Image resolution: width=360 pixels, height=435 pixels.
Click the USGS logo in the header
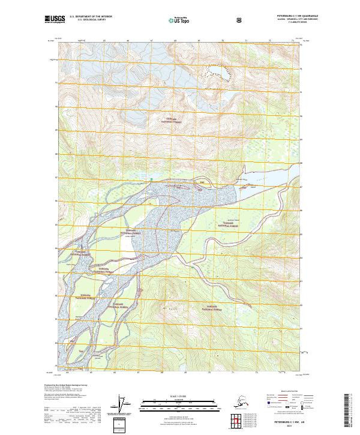[x=55, y=20]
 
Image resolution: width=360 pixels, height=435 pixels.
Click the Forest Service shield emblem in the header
[x=239, y=19]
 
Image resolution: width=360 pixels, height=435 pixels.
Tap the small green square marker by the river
[x=152, y=178]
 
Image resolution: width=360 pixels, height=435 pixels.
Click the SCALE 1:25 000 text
[x=179, y=395]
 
